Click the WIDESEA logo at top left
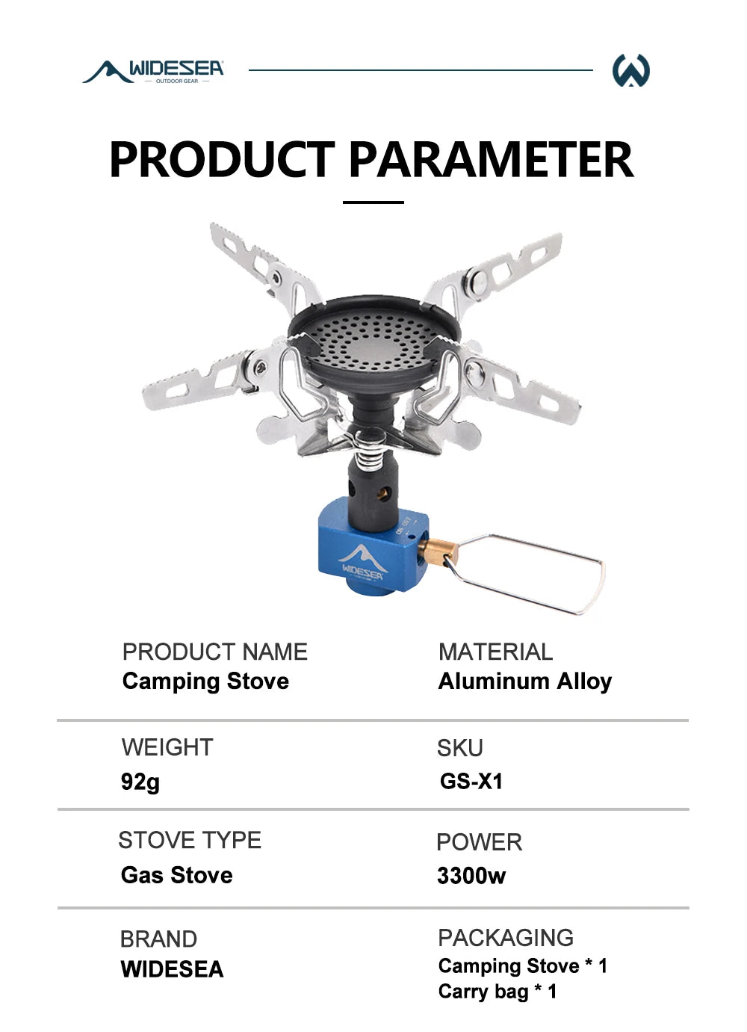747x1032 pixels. tap(154, 71)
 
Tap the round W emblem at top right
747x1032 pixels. tap(630, 71)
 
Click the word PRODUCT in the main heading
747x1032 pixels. tap(222, 159)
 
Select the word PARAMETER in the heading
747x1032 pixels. tap(491, 159)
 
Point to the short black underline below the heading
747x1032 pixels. tap(373, 202)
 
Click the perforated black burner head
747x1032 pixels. tap(373, 336)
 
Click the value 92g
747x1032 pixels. tap(140, 782)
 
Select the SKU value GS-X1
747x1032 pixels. tap(471, 782)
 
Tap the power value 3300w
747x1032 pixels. tap(471, 875)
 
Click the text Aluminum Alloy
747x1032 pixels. tap(525, 681)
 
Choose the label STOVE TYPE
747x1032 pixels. tap(190, 840)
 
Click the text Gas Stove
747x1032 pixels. tap(177, 875)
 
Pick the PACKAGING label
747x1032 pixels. tap(506, 937)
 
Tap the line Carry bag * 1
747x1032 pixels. tap(498, 992)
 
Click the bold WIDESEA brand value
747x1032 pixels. tap(173, 969)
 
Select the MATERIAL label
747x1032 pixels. tap(495, 652)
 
